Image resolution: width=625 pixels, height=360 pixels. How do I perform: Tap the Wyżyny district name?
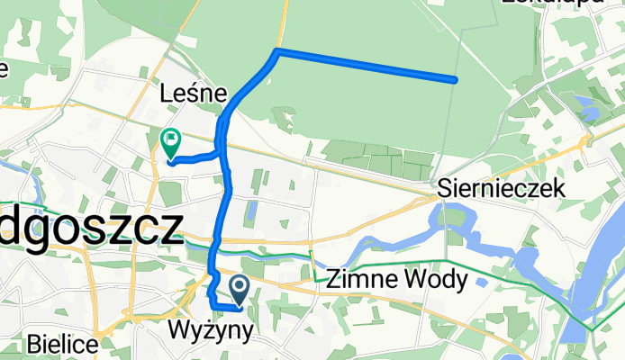tap(211, 331)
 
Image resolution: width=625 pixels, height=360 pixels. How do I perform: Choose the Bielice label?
tap(60, 343)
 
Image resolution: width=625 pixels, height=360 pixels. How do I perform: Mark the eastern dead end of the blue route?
tap(455, 80)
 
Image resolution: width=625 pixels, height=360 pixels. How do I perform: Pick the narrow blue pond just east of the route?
tap(251, 212)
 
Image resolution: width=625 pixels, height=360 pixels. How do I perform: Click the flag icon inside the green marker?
tap(170, 139)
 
